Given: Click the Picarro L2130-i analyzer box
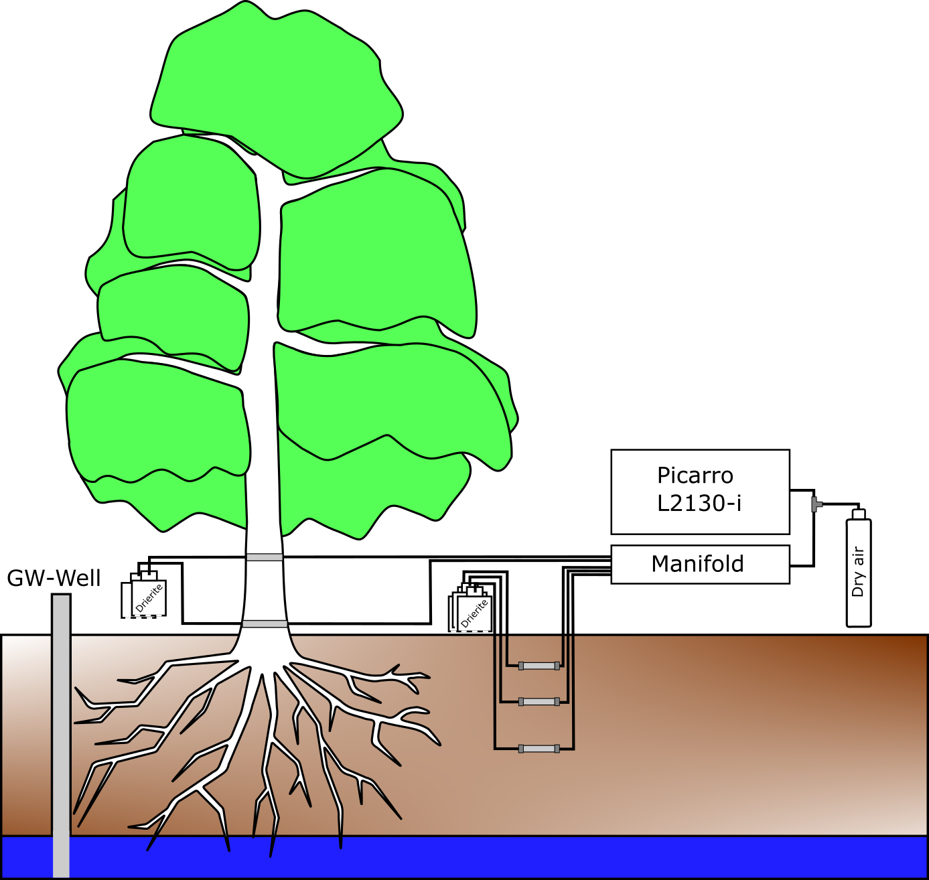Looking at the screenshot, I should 700,492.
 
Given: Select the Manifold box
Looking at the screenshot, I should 700,565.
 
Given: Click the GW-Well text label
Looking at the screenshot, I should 54,578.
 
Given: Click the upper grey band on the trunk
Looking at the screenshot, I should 264,557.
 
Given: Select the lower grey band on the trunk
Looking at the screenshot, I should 265,624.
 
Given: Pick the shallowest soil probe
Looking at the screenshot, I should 539,666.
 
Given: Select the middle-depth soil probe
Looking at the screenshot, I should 539,702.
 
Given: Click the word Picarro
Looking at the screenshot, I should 695,475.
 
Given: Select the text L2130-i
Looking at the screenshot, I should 699,503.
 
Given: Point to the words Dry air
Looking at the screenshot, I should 858,572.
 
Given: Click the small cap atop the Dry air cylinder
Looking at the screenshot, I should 858,514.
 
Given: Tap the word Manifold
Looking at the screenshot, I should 697,564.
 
